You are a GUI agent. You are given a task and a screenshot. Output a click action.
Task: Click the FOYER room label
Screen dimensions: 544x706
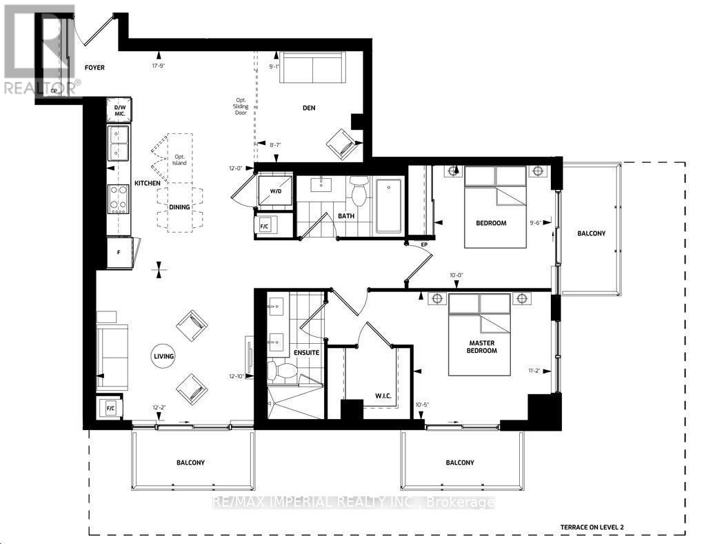click(94, 68)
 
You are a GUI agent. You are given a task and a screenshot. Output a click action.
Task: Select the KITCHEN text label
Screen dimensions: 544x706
click(147, 183)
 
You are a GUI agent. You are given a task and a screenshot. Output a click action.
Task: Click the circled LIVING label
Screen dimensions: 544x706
click(163, 356)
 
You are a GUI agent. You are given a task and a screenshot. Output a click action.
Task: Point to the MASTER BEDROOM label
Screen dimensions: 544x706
click(483, 346)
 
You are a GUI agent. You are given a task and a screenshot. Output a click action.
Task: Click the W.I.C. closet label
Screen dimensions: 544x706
click(365, 396)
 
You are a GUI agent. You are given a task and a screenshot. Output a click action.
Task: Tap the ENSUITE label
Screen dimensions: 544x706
click(306, 353)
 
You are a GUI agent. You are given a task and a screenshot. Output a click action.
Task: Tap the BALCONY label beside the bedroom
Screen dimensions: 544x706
click(591, 233)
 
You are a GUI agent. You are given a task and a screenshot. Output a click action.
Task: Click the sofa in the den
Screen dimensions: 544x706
click(314, 69)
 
